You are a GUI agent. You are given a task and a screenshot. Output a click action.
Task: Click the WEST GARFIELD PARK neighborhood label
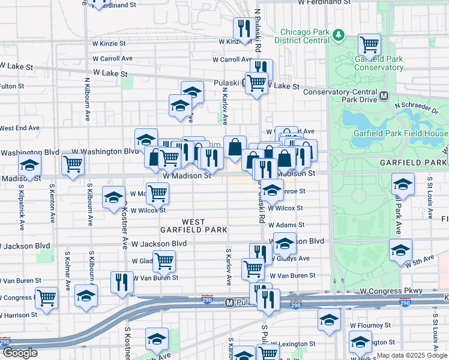tap(193, 226)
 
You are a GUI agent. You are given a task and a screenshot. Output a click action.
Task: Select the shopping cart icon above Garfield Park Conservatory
tap(369, 44)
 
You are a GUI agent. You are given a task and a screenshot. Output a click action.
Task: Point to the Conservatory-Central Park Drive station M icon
tap(384, 96)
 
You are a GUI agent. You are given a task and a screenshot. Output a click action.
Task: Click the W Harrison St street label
tap(19, 314)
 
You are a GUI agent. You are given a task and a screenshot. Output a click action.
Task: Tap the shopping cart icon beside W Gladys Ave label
tap(163, 261)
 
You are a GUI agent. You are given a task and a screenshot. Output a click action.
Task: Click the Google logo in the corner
tap(20, 353)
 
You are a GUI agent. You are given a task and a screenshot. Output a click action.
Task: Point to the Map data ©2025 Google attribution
tap(411, 355)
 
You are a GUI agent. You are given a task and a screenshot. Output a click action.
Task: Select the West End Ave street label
tap(19, 128)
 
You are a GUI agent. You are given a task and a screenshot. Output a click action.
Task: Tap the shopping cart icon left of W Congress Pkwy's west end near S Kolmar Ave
tap(46, 297)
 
